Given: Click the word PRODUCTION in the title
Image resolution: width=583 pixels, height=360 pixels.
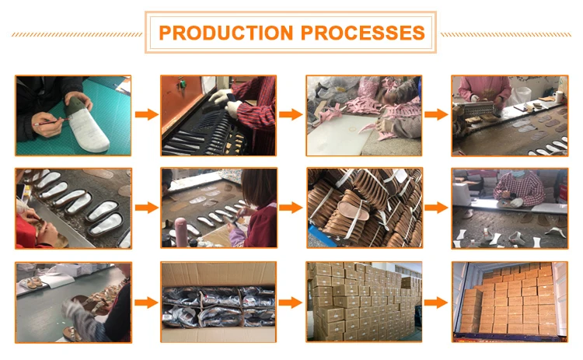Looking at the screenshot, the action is (x=226, y=33).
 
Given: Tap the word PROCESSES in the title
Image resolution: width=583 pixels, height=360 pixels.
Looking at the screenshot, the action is (x=362, y=33).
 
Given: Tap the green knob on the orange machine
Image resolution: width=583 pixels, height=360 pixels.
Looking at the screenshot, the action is (x=182, y=84).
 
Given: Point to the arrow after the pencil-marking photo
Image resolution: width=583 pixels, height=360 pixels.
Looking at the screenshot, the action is (x=146, y=114).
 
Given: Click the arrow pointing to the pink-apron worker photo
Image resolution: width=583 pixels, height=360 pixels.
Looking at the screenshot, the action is (x=436, y=114).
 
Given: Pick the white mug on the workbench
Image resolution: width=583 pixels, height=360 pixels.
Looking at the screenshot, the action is (x=558, y=96).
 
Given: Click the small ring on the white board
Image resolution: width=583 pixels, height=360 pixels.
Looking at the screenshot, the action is (x=352, y=129).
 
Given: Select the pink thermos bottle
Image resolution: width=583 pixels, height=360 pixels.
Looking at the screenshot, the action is (x=181, y=232).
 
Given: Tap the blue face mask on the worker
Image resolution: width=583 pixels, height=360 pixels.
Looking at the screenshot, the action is (x=518, y=173).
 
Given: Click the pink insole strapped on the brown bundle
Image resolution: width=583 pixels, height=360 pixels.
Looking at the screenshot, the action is (x=354, y=210).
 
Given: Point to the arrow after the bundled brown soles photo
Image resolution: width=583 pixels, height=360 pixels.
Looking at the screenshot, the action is (x=436, y=207).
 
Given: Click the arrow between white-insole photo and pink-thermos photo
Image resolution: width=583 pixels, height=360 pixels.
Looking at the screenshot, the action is (x=146, y=207).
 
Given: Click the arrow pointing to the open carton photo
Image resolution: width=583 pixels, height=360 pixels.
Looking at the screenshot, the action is (x=146, y=302).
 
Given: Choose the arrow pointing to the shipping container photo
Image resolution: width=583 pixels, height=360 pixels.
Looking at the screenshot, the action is (x=436, y=302).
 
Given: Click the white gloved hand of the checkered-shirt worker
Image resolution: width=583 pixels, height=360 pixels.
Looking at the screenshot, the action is (x=517, y=202).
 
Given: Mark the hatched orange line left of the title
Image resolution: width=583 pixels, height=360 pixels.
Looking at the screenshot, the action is (x=77, y=34).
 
